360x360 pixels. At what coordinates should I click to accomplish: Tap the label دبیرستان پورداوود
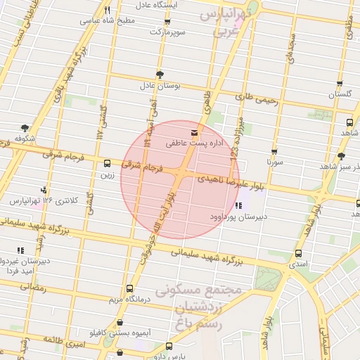(237, 217)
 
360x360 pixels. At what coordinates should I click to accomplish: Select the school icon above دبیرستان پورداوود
(239, 206)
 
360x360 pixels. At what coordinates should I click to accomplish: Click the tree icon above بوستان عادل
(160, 75)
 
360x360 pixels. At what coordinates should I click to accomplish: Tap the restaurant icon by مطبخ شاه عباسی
(107, 10)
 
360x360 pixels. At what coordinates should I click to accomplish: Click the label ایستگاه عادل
(162, 5)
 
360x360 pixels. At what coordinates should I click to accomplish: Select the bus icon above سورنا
(274, 151)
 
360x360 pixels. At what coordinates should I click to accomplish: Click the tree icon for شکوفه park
(25, 128)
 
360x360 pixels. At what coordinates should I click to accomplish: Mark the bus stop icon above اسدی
(298, 253)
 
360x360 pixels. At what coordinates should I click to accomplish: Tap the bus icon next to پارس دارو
(169, 346)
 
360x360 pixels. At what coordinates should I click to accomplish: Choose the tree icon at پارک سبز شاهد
(342, 156)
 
